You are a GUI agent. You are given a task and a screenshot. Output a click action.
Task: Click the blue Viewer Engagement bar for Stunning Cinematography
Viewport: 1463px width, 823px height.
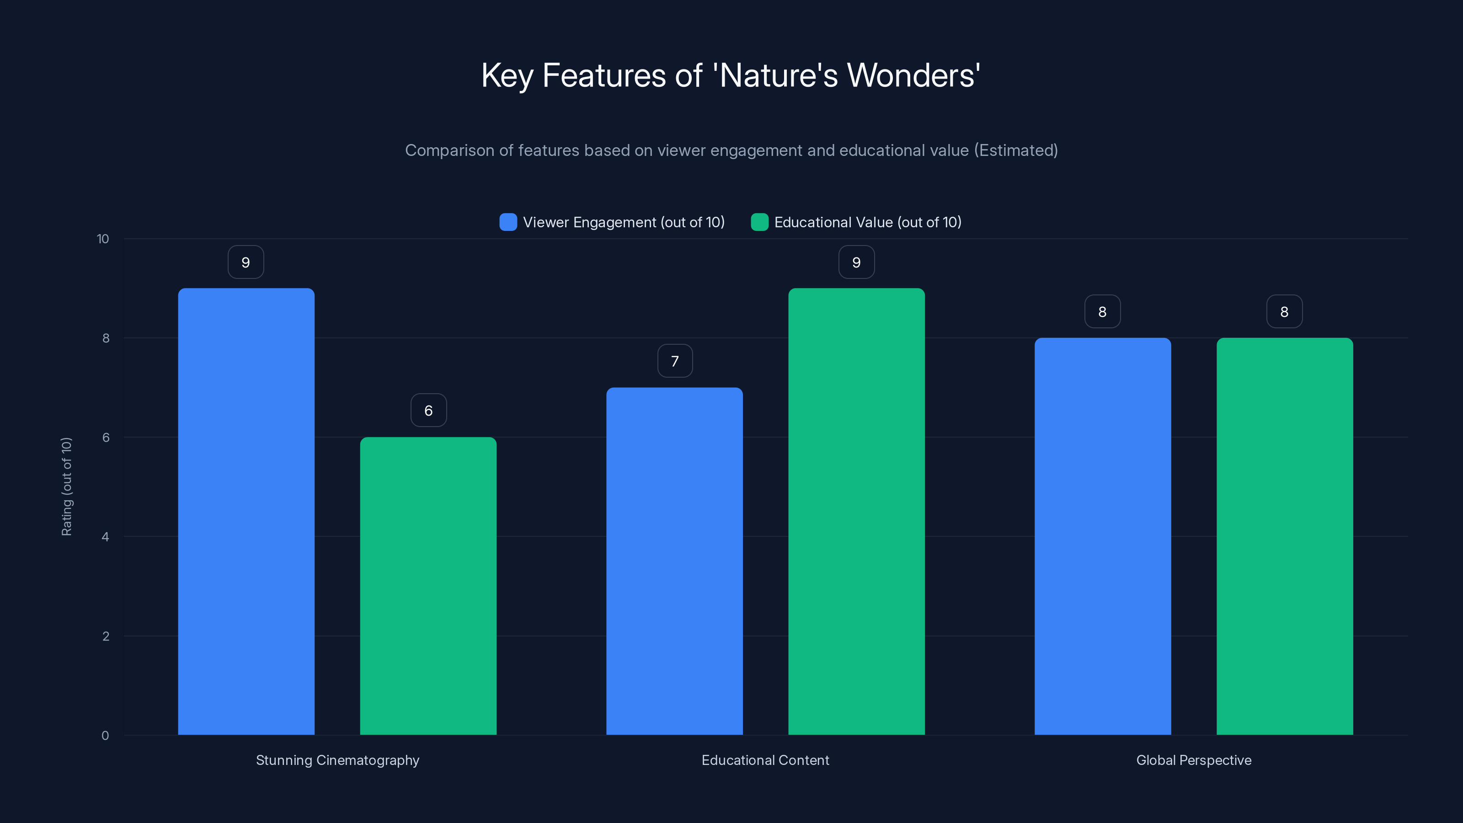coord(246,511)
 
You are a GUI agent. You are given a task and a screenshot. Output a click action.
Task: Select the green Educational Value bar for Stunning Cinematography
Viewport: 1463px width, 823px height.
coord(428,586)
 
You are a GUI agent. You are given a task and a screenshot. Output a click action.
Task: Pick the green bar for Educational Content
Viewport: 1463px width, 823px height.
coord(856,511)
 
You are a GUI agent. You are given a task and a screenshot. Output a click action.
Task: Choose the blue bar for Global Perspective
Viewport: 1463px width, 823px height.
coord(1102,536)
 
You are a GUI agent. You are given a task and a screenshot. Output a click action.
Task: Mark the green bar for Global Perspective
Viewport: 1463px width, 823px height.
coord(1285,536)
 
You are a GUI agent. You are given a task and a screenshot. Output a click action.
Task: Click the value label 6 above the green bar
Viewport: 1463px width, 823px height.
coord(428,411)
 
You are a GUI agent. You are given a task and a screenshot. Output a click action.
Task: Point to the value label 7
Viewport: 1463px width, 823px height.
coord(675,361)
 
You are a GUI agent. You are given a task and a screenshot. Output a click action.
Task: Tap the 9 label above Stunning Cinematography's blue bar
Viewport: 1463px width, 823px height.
coord(246,262)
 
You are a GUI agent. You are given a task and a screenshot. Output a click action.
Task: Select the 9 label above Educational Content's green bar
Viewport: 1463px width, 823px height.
coord(856,262)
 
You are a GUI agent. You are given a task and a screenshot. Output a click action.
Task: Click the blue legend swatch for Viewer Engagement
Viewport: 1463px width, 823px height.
coord(508,222)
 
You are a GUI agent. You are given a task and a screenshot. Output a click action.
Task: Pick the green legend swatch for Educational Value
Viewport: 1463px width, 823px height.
coord(759,222)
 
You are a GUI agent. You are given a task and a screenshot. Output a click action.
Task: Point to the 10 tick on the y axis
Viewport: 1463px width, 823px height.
coord(103,239)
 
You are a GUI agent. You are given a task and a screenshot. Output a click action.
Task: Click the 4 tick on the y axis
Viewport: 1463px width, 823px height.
coord(105,537)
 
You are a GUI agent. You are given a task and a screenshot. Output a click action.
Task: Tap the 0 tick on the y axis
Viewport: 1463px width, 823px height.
coord(105,736)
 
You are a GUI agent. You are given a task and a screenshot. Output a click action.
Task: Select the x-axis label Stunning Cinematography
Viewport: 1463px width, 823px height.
coord(337,760)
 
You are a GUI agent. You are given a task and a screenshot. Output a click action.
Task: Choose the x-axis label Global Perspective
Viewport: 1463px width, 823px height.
coord(1194,760)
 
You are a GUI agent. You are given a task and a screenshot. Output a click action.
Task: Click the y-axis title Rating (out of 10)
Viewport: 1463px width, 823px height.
coord(66,487)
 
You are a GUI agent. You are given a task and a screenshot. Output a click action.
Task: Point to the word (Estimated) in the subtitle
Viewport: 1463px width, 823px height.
coord(1016,150)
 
